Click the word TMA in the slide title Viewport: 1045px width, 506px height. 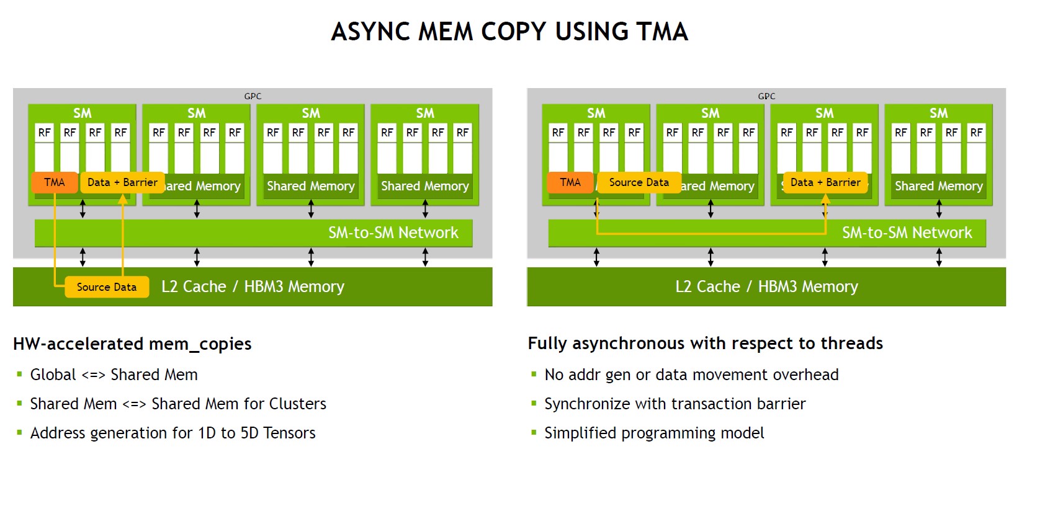[x=652, y=32]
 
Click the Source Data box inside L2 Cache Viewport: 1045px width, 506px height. [x=107, y=287]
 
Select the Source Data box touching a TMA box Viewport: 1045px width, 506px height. [x=639, y=182]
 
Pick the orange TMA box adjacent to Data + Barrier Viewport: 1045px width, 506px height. [x=55, y=182]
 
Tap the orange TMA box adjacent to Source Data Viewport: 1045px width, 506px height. [x=570, y=182]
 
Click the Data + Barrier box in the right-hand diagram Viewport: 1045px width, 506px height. [x=825, y=182]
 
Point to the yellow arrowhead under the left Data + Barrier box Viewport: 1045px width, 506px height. [x=123, y=199]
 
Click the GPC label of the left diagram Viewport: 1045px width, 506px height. [x=253, y=96]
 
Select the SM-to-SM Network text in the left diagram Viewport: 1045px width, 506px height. [x=393, y=233]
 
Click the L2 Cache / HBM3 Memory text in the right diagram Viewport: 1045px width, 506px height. [x=766, y=286]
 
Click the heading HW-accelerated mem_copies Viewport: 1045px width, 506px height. [x=132, y=344]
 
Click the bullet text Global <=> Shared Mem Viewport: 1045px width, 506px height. [x=114, y=375]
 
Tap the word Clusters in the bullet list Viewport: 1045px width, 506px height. [x=297, y=404]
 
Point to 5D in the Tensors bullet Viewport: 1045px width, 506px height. [x=249, y=433]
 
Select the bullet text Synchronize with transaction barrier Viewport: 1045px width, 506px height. [x=675, y=404]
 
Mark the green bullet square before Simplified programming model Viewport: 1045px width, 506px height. [x=534, y=432]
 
